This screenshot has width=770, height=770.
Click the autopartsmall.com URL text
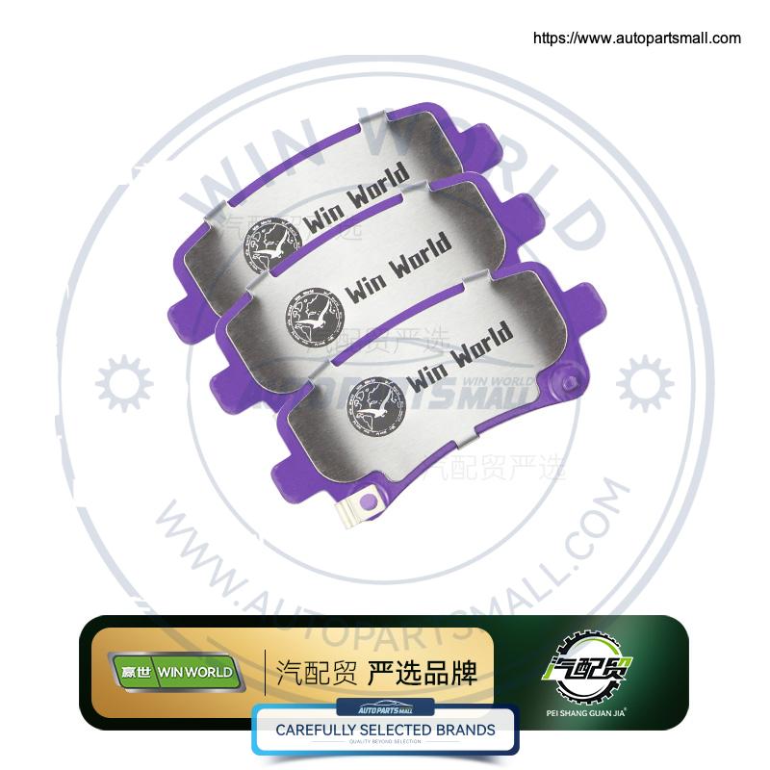click(x=636, y=38)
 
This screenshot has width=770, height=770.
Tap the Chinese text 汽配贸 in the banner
click(x=307, y=671)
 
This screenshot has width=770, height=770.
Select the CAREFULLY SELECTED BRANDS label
click(x=385, y=730)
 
